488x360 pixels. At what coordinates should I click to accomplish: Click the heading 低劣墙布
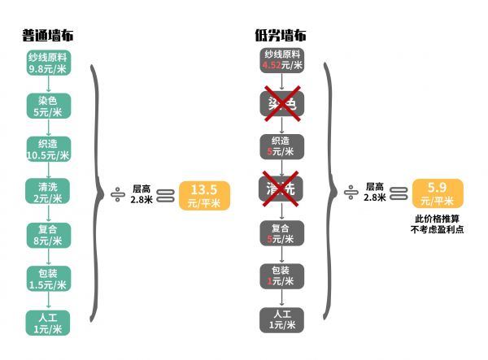pyautogui.click(x=281, y=36)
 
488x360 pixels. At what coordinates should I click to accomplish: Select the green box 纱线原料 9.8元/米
pyautogui.click(x=48, y=63)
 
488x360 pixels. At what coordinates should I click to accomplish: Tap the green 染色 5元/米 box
pyautogui.click(x=48, y=106)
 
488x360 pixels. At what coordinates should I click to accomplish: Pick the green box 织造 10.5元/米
pyautogui.click(x=48, y=149)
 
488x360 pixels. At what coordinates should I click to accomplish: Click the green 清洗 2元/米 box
pyautogui.click(x=48, y=192)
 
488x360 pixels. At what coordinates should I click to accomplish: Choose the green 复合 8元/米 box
pyautogui.click(x=48, y=235)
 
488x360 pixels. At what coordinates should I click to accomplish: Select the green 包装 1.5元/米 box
pyautogui.click(x=48, y=278)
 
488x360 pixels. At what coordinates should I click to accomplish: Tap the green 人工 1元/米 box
pyautogui.click(x=48, y=322)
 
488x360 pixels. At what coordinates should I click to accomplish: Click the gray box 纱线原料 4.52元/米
pyautogui.click(x=281, y=60)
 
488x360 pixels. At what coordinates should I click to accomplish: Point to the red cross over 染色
pyautogui.click(x=281, y=103)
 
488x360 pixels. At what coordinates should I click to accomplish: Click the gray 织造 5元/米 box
pyautogui.click(x=281, y=146)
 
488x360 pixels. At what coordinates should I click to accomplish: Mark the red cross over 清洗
pyautogui.click(x=281, y=189)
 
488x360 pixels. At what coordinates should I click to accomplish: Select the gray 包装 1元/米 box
pyautogui.click(x=281, y=275)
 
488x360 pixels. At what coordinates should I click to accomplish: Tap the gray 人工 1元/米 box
pyautogui.click(x=281, y=319)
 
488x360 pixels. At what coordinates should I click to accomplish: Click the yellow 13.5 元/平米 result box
pyautogui.click(x=204, y=195)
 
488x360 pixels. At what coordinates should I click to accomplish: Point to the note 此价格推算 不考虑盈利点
pyautogui.click(x=438, y=224)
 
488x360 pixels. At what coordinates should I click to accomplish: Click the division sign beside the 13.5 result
pyautogui.click(x=118, y=195)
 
